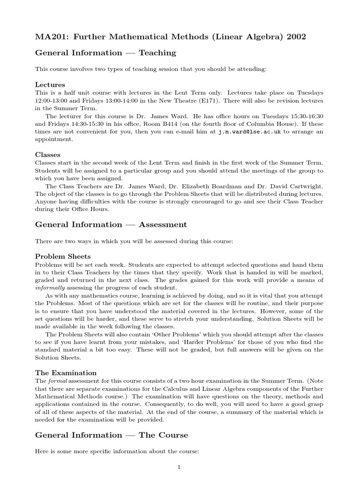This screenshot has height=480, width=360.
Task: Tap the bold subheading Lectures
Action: tap(50, 85)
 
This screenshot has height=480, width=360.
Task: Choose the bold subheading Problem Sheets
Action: tap(63, 256)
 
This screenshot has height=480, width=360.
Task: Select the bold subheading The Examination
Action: tap(66, 373)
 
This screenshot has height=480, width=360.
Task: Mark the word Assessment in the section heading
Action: tap(162, 225)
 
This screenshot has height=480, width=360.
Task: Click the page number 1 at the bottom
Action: tap(179, 467)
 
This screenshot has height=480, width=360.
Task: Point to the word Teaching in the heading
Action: tap(157, 53)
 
